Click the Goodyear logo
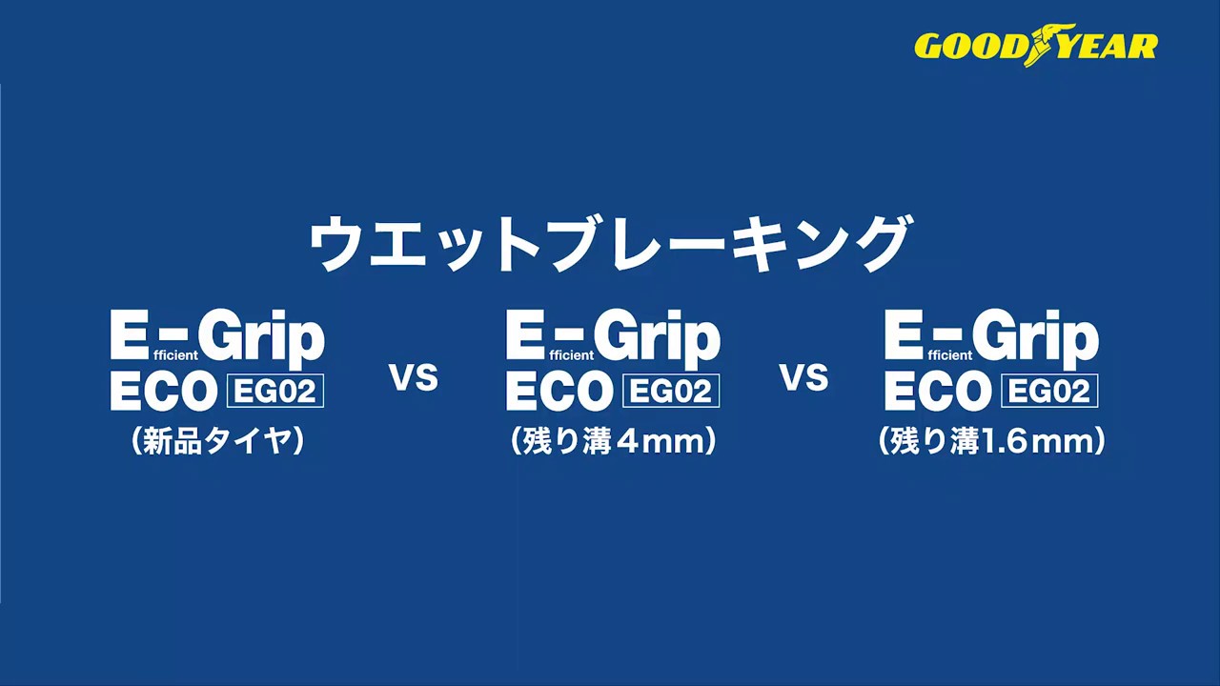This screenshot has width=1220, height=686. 1036,45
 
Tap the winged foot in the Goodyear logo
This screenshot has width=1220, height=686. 1043,45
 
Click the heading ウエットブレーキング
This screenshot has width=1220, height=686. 609,243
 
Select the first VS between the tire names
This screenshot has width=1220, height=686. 414,377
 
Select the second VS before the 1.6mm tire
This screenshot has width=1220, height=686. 804,377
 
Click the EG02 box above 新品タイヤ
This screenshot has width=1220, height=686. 275,391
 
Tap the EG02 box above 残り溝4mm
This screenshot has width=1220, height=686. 670,391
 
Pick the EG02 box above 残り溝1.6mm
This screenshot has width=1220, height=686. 1049,391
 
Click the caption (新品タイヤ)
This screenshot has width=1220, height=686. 217,441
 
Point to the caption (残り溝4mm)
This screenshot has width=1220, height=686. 613,441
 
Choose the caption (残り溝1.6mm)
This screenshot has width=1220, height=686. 992,441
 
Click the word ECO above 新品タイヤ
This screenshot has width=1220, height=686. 160,391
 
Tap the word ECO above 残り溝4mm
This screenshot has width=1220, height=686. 556,391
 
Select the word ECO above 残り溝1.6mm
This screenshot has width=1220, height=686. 935,391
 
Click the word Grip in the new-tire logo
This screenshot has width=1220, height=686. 261,338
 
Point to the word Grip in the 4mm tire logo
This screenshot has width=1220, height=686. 658,338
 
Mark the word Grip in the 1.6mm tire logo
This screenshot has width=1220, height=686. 1036,338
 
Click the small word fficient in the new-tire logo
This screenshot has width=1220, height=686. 176,355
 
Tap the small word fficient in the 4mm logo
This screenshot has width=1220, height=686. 572,355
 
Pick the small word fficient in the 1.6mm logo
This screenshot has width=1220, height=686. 950,355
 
